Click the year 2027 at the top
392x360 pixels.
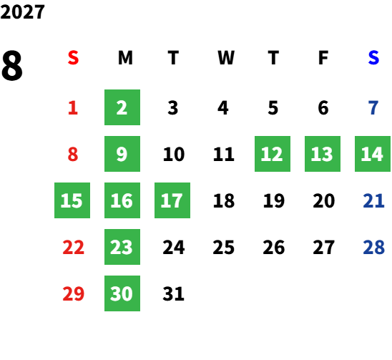click(22, 12)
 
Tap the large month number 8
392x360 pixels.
click(12, 65)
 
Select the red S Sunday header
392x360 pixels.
click(73, 58)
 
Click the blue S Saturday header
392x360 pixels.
click(373, 58)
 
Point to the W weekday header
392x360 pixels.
click(226, 58)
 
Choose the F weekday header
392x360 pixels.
click(323, 58)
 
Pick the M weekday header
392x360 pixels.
click(125, 58)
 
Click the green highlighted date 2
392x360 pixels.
click(122, 107)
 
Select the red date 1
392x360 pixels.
click(73, 108)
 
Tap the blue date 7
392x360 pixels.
click(373, 108)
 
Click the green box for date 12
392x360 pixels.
click(273, 154)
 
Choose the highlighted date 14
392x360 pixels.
click(373, 154)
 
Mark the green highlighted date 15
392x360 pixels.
click(72, 200)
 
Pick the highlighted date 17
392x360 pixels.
click(172, 200)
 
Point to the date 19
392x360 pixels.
click(273, 200)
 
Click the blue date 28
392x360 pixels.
click(373, 247)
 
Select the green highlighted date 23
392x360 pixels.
click(122, 247)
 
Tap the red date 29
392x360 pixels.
click(73, 293)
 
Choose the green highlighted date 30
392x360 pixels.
click(122, 293)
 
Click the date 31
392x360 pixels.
click(173, 293)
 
